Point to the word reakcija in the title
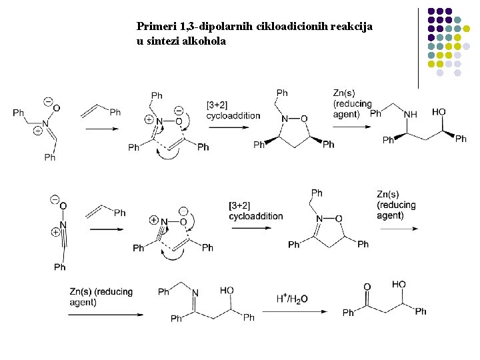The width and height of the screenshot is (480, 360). (351, 27)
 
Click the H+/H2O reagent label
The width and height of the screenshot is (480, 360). (291, 299)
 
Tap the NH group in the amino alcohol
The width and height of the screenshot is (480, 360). (410, 114)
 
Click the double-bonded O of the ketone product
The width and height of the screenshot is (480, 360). (367, 287)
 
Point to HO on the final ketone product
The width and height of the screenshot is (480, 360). (399, 285)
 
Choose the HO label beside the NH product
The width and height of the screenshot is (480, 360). (439, 111)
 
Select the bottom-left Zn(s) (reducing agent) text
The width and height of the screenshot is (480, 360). (101, 297)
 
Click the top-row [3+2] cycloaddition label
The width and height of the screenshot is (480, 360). (233, 110)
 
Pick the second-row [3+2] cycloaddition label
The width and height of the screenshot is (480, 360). (255, 210)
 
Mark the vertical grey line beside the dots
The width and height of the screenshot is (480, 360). (418, 47)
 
